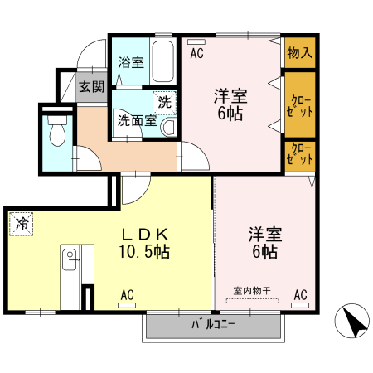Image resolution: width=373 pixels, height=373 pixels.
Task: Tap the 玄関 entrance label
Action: (91, 86)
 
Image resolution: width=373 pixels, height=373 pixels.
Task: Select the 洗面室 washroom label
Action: (135, 120)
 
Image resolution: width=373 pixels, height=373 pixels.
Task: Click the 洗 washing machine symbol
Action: (164, 102)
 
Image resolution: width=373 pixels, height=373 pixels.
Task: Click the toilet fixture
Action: (58, 130)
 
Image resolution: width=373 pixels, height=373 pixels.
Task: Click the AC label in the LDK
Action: (127, 294)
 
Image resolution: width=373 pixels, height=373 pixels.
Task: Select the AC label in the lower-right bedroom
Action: (300, 294)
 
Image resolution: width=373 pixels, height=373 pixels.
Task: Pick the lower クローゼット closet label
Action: (299, 155)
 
